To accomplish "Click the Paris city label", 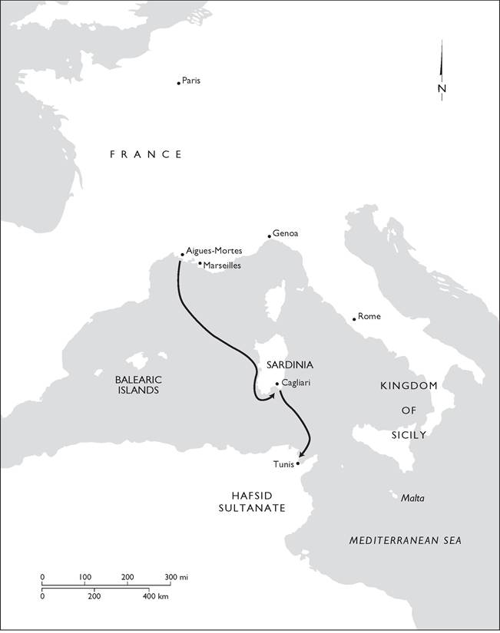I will point(191,81).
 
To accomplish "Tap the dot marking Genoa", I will point(268,236).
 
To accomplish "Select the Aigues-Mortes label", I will point(214,251).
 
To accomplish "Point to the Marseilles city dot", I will point(200,264).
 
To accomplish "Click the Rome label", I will point(369,316).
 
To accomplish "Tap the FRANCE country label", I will point(146,154).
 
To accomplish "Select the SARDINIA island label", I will point(290,365).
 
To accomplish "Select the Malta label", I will point(412,498).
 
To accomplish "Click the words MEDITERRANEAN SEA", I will point(405,540).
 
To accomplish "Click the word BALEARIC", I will point(137,379).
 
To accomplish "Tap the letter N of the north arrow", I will point(442,88).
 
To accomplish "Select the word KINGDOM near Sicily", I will point(408,385).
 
